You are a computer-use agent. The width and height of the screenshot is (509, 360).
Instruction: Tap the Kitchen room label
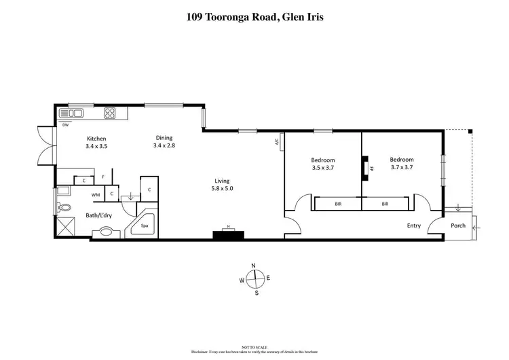[96, 137]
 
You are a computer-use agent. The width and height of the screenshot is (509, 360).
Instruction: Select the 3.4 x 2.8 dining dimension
[164, 145]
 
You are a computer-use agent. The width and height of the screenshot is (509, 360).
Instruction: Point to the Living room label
[222, 181]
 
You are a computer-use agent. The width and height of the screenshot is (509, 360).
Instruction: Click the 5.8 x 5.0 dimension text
[222, 189]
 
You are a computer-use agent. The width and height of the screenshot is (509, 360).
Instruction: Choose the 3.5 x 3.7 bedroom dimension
[323, 168]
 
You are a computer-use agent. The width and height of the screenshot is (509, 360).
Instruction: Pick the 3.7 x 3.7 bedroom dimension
[401, 167]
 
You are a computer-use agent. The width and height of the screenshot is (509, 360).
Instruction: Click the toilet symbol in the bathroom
[64, 208]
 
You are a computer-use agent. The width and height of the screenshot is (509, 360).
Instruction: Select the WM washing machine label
[96, 195]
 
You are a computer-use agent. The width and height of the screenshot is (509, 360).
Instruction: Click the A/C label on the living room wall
[277, 143]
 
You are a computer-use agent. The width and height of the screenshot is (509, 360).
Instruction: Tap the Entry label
[413, 226]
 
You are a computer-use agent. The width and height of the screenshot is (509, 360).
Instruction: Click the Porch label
[458, 226]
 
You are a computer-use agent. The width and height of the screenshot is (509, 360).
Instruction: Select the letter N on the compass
[253, 266]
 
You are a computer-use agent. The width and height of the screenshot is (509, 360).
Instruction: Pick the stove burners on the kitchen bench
[110, 113]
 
